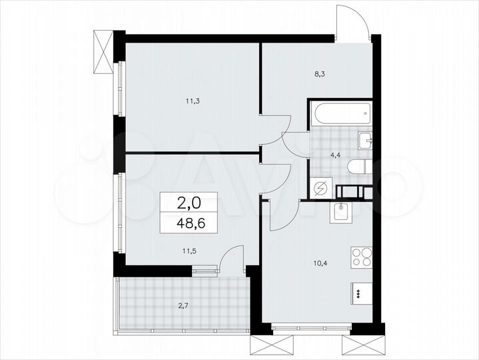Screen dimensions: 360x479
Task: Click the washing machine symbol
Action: click(x=320, y=189)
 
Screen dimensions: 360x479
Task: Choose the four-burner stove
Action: click(x=362, y=257)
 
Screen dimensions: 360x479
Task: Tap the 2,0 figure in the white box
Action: click(x=186, y=199)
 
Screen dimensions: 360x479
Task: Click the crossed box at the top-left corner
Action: click(x=105, y=52)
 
